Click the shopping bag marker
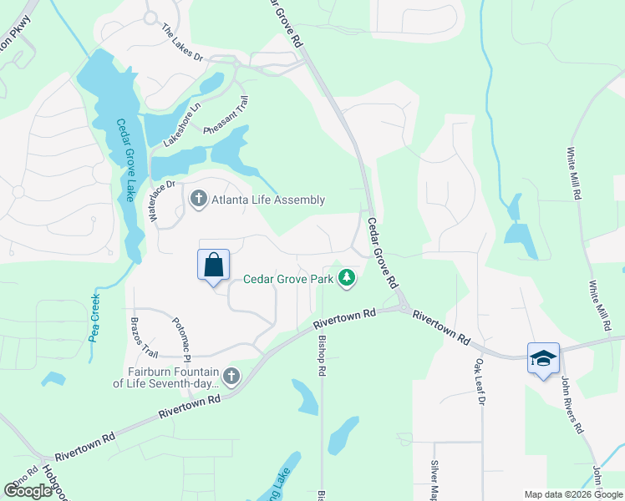click(x=213, y=265)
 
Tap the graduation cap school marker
click(x=543, y=358)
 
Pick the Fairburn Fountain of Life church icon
click(x=231, y=377)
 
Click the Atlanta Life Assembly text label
click(x=267, y=200)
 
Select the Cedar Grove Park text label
click(x=288, y=279)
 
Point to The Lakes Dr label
click(x=182, y=44)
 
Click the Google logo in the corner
click(x=28, y=491)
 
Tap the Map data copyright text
click(x=572, y=494)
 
